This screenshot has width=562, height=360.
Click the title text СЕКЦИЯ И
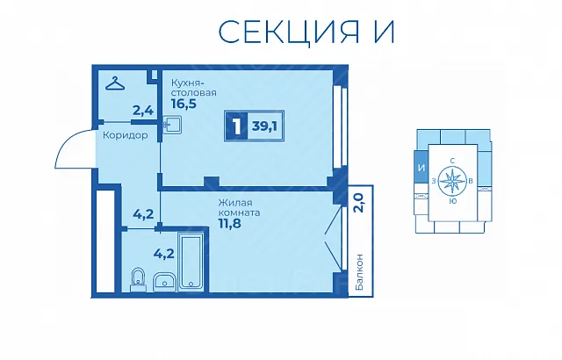(306, 32)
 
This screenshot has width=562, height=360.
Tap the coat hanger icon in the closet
(115, 83)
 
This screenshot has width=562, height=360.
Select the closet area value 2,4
(143, 111)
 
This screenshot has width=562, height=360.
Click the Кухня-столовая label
(193, 88)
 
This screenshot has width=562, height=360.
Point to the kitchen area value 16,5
(184, 104)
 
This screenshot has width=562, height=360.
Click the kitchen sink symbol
(172, 125)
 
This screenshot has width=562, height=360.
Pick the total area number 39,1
(265, 126)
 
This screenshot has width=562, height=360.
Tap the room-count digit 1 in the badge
(236, 126)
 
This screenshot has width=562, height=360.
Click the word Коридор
(125, 135)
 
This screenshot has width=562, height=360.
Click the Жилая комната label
(240, 208)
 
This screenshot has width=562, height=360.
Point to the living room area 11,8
(230, 224)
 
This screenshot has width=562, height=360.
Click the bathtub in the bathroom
(191, 260)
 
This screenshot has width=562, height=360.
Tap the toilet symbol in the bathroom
(138, 279)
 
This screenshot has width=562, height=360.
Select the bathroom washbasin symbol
(164, 281)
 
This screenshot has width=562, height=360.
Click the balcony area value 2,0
(358, 203)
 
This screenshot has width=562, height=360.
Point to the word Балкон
(360, 272)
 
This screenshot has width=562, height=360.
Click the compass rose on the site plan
(452, 181)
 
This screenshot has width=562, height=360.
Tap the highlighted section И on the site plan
(421, 168)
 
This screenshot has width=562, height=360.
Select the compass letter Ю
(453, 201)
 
